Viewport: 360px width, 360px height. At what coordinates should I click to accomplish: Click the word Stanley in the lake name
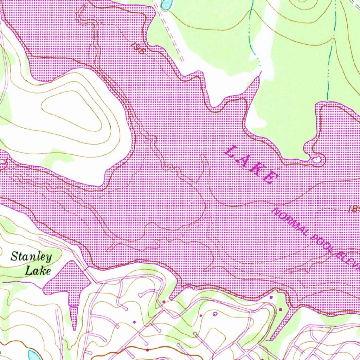tap(31, 257)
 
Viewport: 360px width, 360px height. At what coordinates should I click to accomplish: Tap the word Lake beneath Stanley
tap(38, 271)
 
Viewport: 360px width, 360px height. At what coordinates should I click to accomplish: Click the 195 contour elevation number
tap(138, 48)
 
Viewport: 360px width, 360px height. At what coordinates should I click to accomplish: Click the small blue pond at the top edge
tap(166, 4)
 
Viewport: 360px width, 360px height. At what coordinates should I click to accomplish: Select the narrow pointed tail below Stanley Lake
tap(74, 316)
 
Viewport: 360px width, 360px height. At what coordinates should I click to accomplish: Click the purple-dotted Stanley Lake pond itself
tap(67, 281)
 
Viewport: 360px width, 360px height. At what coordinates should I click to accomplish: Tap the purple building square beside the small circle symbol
tap(201, 316)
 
